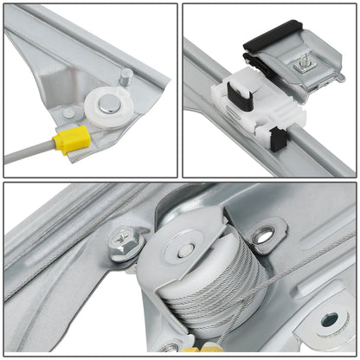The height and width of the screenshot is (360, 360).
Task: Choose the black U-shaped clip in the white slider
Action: point(235,93)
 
